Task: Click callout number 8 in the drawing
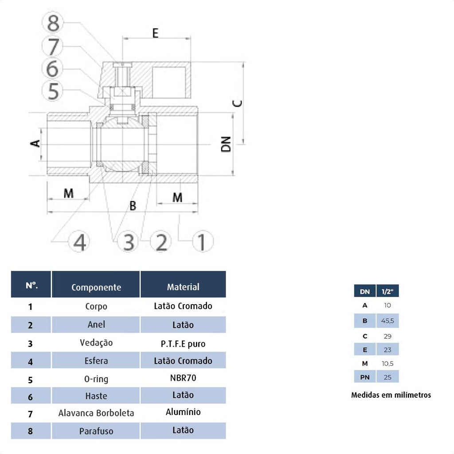(53, 23)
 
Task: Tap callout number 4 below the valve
(79, 242)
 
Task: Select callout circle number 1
(202, 242)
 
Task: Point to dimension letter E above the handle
(156, 33)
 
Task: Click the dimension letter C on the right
(238, 103)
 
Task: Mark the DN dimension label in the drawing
(226, 144)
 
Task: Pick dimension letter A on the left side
(35, 143)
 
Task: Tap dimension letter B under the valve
(133, 206)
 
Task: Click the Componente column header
(96, 287)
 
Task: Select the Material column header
(183, 287)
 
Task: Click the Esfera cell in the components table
(96, 361)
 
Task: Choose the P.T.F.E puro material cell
(183, 344)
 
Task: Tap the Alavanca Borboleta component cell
(96, 413)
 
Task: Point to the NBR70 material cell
(183, 378)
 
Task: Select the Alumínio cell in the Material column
(183, 412)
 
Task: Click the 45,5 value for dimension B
(387, 321)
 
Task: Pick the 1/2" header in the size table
(387, 292)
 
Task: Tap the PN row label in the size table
(365, 377)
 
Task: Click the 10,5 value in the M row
(387, 364)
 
